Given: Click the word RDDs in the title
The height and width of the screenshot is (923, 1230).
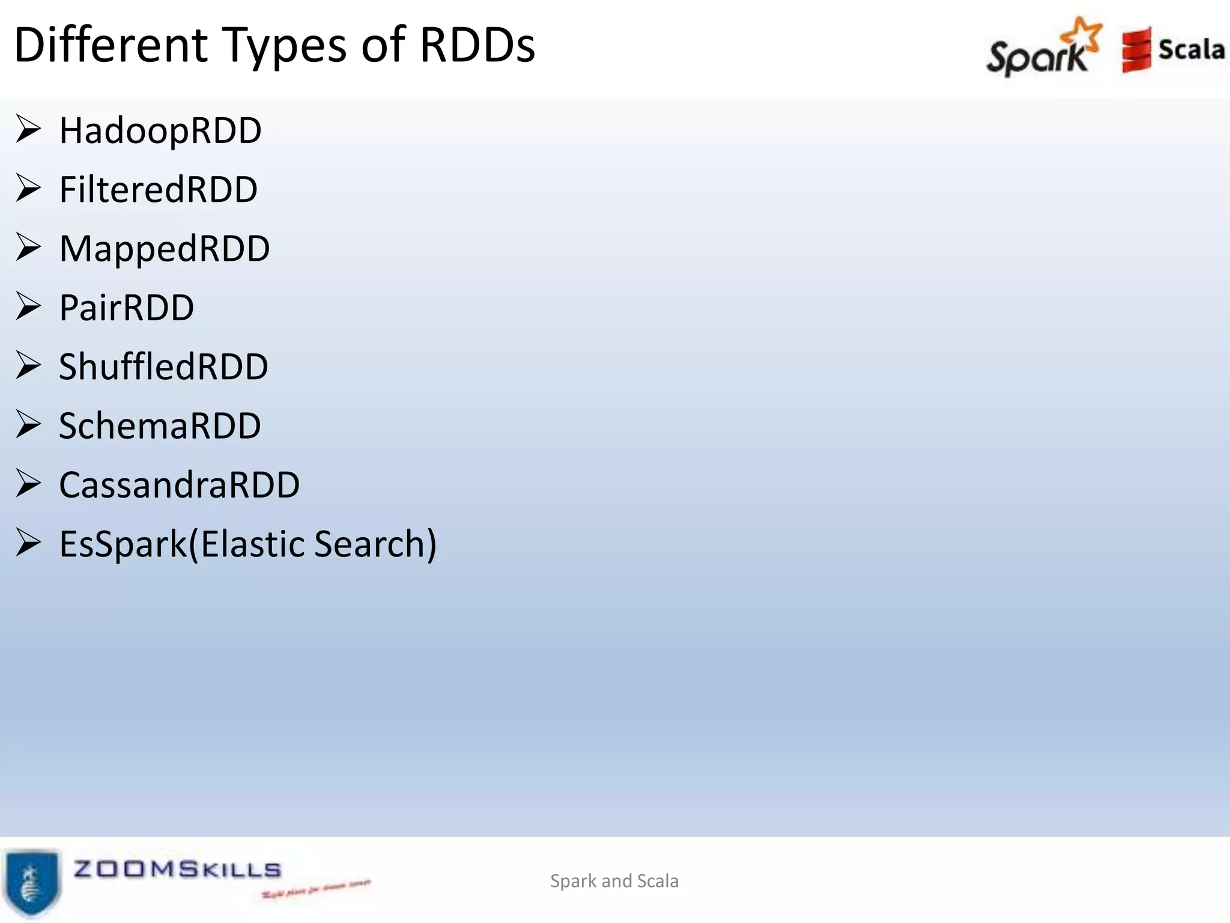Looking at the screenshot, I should click(477, 45).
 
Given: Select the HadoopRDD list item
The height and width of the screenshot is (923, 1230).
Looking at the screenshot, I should click(160, 130).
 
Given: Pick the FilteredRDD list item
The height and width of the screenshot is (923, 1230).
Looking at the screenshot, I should click(159, 189).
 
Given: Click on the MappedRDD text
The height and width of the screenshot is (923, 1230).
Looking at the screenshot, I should click(165, 248).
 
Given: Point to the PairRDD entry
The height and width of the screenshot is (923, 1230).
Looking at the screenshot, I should click(127, 308).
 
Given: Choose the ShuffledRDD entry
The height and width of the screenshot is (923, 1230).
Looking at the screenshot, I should click(163, 367).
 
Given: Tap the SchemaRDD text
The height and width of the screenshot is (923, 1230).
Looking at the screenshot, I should click(160, 425).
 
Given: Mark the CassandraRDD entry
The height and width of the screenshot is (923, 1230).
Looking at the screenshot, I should click(179, 484).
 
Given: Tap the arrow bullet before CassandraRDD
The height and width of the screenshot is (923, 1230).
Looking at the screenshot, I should click(28, 483).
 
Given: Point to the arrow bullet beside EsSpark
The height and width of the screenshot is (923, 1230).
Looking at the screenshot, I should click(28, 542).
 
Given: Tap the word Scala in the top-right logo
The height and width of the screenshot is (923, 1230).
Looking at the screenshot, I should click(1191, 49).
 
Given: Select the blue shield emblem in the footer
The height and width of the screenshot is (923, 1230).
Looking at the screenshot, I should click(32, 881).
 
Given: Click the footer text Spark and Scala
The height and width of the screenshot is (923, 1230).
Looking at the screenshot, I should click(614, 881).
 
